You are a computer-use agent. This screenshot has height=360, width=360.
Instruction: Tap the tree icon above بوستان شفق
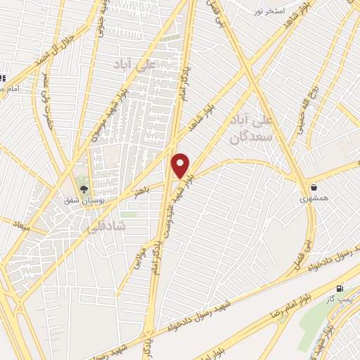[x=84, y=188]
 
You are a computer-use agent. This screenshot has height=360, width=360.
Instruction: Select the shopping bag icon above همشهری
[x=313, y=188]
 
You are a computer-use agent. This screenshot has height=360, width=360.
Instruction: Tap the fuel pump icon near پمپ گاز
[x=340, y=288]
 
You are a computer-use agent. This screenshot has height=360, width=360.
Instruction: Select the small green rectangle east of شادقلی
[x=128, y=214]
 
